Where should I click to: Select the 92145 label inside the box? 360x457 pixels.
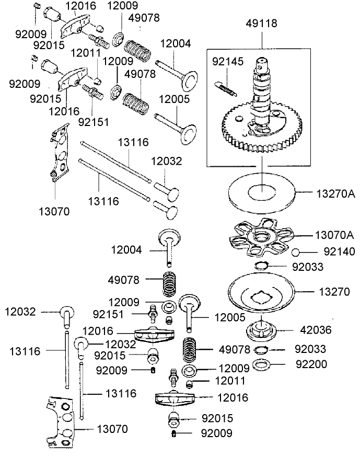click(x=227, y=62)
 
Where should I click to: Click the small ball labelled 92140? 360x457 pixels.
click(x=295, y=252)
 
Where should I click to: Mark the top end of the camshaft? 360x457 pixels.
click(x=261, y=64)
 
